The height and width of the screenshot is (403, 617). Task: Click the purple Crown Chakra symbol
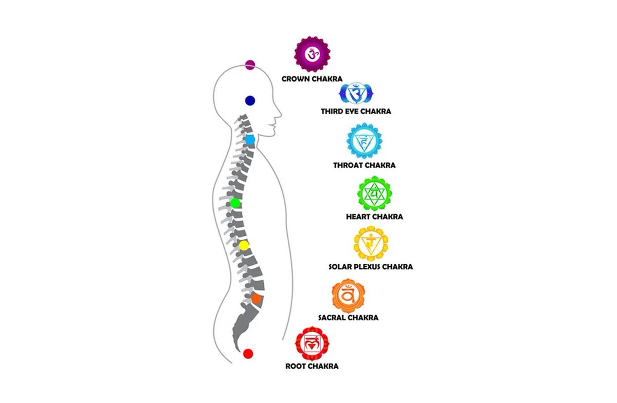[x=312, y=54]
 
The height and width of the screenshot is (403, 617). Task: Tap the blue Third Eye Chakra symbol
[x=355, y=94]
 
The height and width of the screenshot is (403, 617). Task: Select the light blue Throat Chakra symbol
[x=364, y=140]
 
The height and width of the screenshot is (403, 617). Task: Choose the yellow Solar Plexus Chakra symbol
[x=370, y=244]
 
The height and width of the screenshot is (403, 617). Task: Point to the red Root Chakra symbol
[x=312, y=343]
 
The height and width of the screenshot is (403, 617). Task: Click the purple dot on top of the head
[x=250, y=65]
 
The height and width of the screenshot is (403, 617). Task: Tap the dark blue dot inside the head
[x=250, y=101]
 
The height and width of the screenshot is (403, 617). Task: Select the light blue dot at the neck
[x=250, y=140]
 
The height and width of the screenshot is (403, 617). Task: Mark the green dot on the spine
[x=235, y=203]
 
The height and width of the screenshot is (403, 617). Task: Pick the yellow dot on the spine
[x=244, y=246]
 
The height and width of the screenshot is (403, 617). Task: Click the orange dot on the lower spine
[x=257, y=298]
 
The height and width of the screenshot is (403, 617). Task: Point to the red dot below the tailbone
[x=248, y=354]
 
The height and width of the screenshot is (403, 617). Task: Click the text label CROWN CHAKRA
[x=312, y=79]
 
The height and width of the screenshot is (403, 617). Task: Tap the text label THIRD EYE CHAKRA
[x=356, y=111]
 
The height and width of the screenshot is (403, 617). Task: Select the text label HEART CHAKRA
[x=374, y=216]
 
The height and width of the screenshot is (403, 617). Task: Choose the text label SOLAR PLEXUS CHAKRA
[x=370, y=267]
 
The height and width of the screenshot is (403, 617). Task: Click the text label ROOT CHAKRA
[x=312, y=367]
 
